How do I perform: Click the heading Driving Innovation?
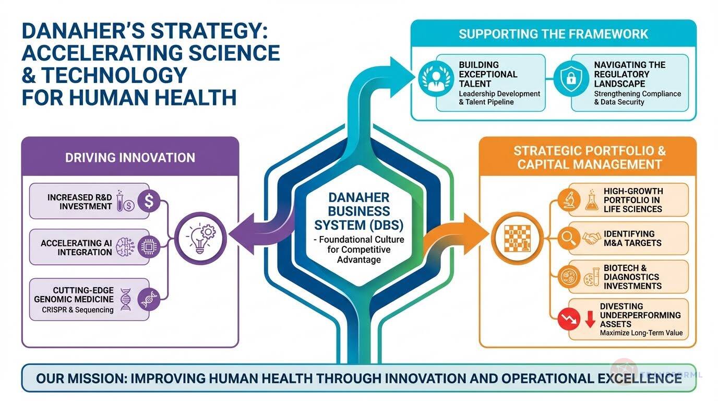pos(130,158)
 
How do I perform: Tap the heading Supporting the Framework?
pos(553,34)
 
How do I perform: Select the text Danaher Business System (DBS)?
pos(359,211)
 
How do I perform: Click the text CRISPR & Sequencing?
pos(78,310)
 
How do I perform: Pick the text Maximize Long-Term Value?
pos(641,333)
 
